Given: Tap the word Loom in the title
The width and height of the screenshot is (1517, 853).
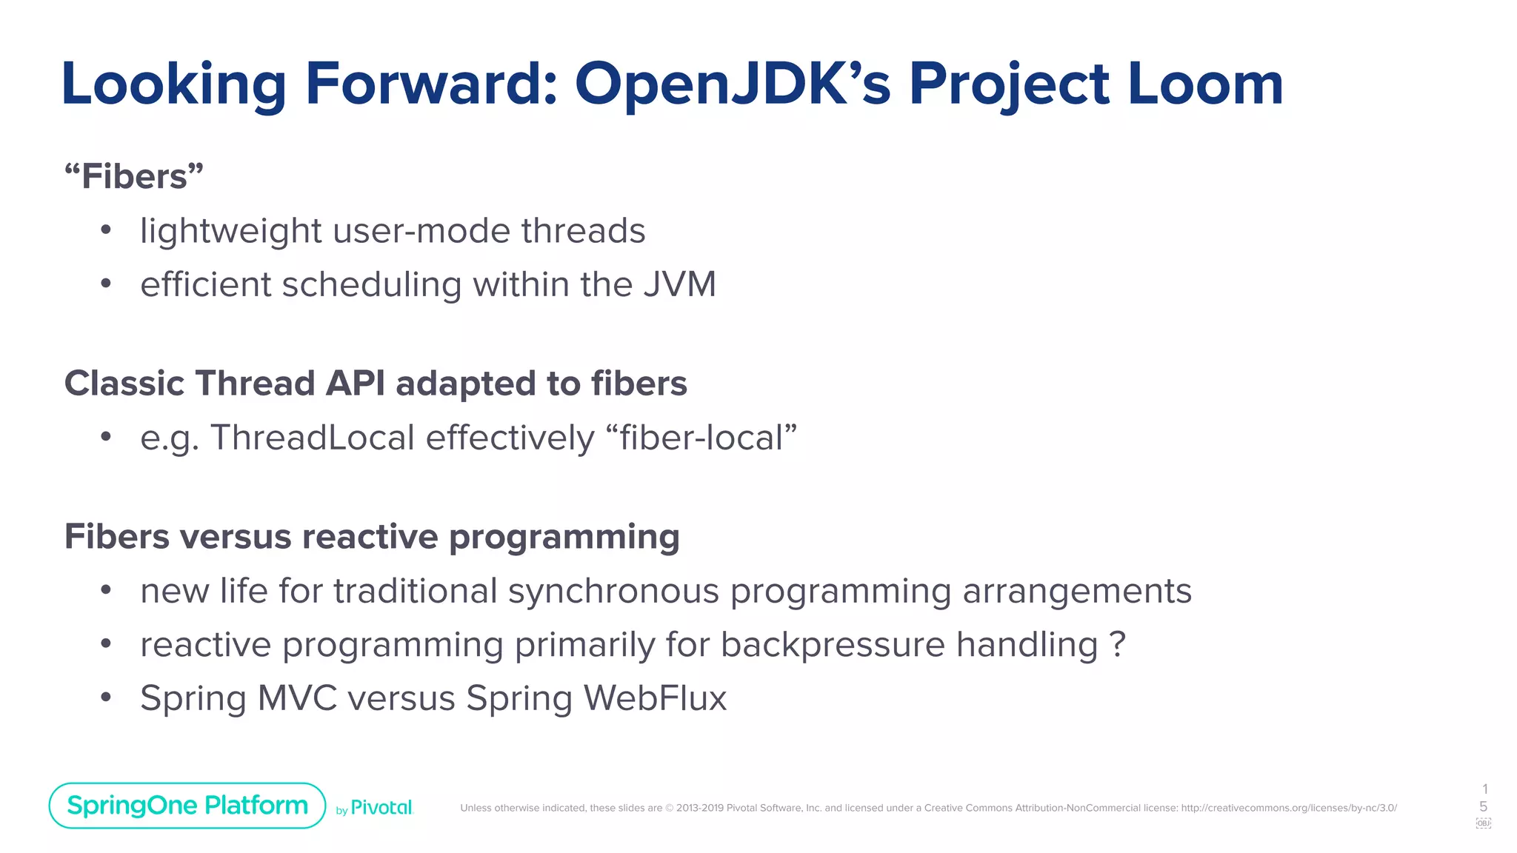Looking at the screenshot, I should point(1205,84).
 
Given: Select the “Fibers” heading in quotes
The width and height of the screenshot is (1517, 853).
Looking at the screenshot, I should point(134,176).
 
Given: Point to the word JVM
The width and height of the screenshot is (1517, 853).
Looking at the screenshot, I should point(679,285).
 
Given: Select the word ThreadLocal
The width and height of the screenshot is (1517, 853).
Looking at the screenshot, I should point(312,438).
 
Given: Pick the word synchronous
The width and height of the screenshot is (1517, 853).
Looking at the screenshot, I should point(613,591).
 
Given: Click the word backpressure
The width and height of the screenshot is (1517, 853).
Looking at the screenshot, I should point(833,645).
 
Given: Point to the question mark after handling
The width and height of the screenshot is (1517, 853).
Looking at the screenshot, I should point(1118,645).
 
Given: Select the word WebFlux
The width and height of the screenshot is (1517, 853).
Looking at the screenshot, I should point(655,698).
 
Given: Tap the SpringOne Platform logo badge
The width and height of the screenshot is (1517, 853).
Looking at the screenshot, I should point(187,806).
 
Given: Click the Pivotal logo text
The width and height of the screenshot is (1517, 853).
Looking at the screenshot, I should point(381,808).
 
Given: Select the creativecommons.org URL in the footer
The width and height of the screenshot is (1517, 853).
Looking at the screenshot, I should point(1288,808).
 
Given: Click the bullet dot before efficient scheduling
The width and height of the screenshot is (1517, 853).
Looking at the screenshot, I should point(106,284).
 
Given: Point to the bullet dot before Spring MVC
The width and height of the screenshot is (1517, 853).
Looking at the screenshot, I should point(106,698).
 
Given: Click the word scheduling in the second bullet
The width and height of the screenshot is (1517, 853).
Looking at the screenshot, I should point(372,285).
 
